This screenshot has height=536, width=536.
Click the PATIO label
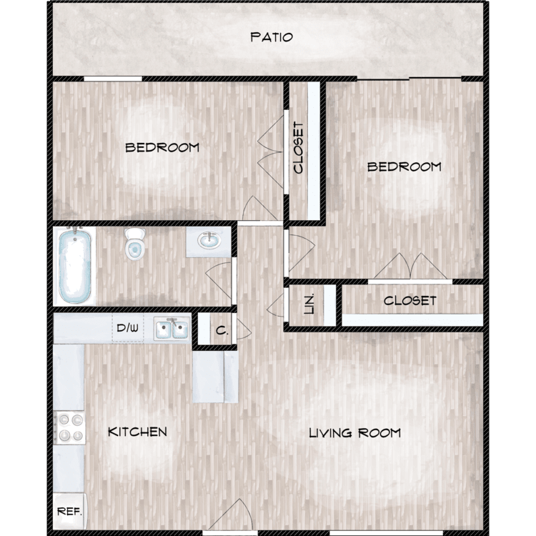tap(272, 37)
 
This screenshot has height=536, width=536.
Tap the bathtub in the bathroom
tap(75, 266)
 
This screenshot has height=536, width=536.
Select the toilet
tap(134, 244)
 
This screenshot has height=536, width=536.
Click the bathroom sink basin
tap(209, 240)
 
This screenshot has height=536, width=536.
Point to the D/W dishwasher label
tap(127, 328)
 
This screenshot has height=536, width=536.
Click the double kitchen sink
tap(172, 329)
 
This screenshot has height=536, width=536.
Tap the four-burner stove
tap(70, 427)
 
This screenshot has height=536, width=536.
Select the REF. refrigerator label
tap(69, 512)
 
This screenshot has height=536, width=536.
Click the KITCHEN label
tap(137, 432)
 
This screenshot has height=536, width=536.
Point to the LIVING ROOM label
tap(354, 433)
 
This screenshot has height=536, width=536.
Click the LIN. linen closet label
tap(309, 304)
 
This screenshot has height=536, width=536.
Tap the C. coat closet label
tap(222, 331)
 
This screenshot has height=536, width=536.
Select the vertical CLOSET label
tap(299, 148)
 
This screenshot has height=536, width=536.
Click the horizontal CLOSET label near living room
tap(410, 301)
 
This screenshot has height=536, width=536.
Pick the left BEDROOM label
tap(162, 148)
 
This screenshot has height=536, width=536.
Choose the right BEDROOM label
tap(404, 167)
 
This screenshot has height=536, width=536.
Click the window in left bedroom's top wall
tap(113, 79)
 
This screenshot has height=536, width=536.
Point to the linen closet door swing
tap(276, 305)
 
